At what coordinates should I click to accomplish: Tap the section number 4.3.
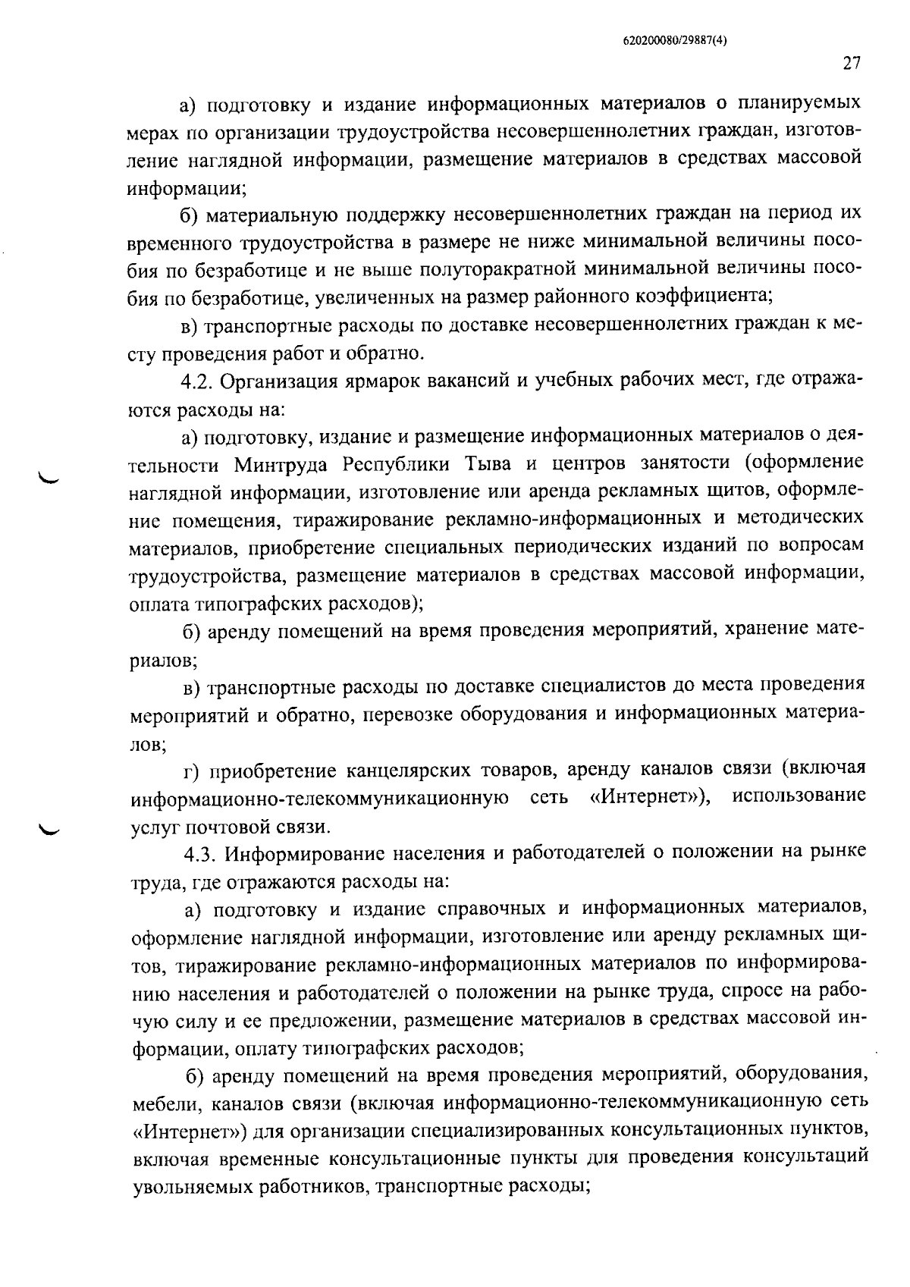tap(201, 852)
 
